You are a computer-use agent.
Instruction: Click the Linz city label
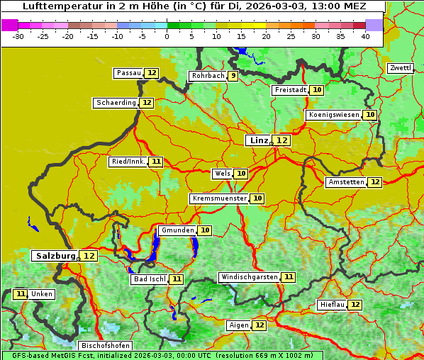258,140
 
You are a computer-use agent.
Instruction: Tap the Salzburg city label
55,256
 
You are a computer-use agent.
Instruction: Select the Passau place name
128,73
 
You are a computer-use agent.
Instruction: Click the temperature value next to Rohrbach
233,76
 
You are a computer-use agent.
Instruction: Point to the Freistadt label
290,90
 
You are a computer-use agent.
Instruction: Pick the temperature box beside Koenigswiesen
370,115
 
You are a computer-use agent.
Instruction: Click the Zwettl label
401,68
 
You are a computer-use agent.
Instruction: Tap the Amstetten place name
346,182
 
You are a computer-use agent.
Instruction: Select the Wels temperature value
241,174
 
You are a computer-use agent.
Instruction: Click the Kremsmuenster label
219,198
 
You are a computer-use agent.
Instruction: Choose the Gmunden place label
177,230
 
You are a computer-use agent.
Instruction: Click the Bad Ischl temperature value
176,279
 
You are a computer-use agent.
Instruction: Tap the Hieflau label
332,305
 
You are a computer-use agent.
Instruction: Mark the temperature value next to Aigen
260,325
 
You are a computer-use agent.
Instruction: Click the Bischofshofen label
105,346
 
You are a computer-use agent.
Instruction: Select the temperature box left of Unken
21,294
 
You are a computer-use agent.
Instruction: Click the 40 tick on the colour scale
364,36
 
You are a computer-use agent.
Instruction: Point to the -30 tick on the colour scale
18,36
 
